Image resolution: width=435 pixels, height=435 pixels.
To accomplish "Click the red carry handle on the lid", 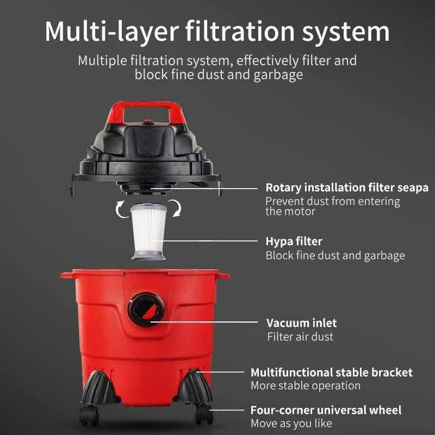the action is coord(146,105).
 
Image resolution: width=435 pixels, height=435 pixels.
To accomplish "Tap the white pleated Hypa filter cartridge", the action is coord(148,232).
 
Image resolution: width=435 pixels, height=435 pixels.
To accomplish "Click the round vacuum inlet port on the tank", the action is coord(146,309).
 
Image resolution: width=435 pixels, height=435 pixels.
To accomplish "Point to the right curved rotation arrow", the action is coord(176,208).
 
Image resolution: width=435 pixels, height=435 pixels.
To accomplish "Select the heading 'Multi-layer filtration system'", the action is coord(217,32).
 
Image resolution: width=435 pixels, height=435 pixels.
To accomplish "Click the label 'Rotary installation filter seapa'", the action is coord(347,188).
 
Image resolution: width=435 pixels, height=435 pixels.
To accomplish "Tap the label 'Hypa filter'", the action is coord(294,241).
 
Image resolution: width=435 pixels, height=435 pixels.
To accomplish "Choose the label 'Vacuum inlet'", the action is coord(302,323).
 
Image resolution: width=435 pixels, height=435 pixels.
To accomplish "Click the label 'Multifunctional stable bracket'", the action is coord(332,372).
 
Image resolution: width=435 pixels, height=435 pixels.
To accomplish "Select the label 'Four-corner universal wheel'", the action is coord(326,410).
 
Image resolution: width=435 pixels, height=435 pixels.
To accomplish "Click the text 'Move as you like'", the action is coord(291,424).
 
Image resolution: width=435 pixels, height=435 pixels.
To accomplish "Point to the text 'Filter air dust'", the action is coord(300,337).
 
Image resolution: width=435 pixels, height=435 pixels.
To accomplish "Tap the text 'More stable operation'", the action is coord(306,386).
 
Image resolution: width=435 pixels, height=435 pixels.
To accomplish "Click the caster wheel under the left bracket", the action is coord(89,415).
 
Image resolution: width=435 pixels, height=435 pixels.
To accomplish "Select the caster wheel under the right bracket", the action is coord(204,414).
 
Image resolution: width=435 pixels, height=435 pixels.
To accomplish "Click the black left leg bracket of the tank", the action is coord(99,388).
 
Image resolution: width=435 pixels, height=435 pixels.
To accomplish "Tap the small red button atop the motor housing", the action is coord(148,121).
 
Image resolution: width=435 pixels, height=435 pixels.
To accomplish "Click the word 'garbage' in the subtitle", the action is coord(278,75).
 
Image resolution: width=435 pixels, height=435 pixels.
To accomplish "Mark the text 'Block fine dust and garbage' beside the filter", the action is coord(335,256).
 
